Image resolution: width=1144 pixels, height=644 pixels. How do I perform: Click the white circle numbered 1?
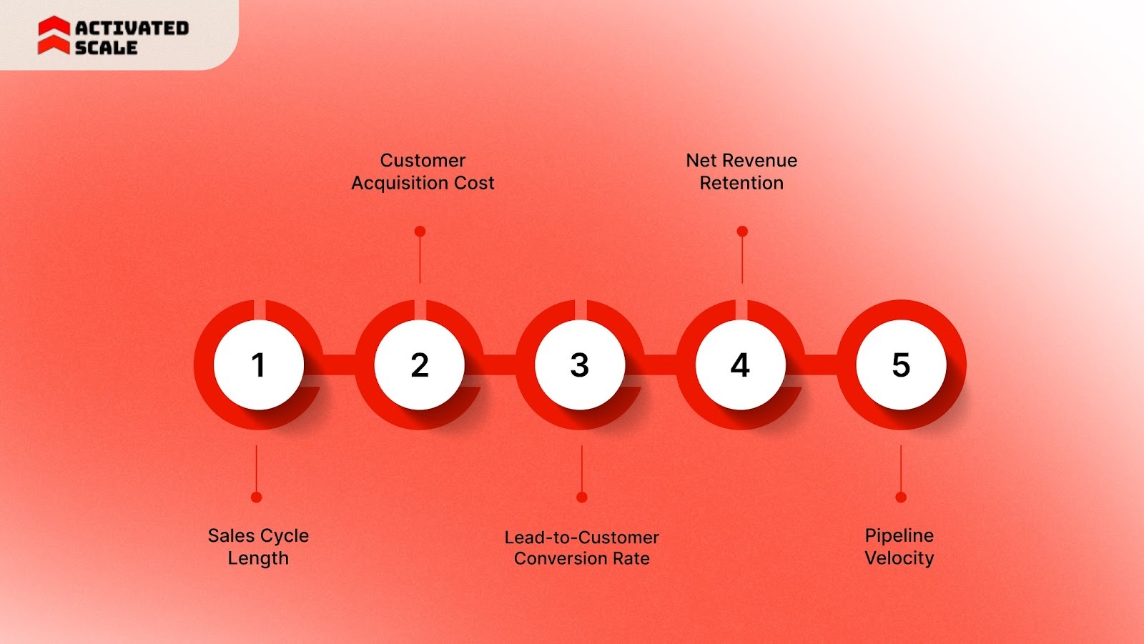click(258, 365)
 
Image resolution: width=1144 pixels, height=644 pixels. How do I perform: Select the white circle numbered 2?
click(419, 365)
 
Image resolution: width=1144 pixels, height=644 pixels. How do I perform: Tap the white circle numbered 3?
click(580, 365)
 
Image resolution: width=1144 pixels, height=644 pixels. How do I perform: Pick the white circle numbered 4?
click(740, 365)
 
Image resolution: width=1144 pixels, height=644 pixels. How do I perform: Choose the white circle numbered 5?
click(901, 365)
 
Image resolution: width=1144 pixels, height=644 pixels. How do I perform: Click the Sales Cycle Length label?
click(258, 547)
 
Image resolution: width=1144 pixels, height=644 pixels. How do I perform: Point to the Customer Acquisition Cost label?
click(423, 172)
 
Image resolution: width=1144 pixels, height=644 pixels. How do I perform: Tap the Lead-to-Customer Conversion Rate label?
click(581, 548)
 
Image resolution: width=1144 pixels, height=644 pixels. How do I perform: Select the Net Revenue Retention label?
click(741, 172)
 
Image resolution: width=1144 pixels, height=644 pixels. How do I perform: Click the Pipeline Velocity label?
click(899, 547)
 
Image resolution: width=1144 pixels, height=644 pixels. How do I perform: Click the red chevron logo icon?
click(54, 36)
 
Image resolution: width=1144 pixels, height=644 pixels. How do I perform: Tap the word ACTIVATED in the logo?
click(132, 28)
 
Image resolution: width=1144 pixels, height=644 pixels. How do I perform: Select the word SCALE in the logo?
click(106, 48)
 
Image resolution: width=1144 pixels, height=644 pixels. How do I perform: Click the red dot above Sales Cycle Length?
click(257, 497)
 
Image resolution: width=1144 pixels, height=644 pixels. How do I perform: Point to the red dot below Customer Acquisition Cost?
click(420, 232)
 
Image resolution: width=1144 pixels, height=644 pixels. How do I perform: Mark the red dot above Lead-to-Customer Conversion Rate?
click(582, 497)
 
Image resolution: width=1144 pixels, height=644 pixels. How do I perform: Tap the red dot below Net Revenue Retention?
click(742, 232)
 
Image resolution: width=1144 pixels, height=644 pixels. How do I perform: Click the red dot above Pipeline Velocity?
click(901, 497)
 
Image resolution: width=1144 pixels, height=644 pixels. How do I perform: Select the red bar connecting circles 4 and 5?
click(821, 365)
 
